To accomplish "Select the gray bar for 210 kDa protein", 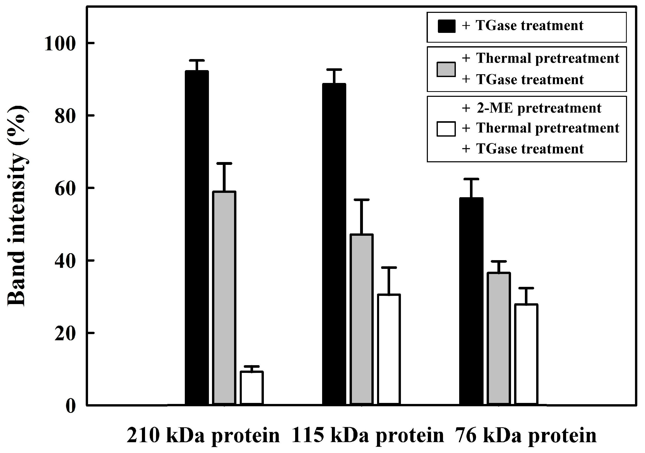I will pyautogui.click(x=224, y=298).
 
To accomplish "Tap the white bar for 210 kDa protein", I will pyautogui.click(x=252, y=388).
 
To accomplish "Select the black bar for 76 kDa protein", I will pyautogui.click(x=471, y=301).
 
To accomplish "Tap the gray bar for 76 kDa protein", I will pyautogui.click(x=499, y=338).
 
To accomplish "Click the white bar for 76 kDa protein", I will pyautogui.click(x=526, y=354).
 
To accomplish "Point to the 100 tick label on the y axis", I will pyautogui.click(x=60, y=44).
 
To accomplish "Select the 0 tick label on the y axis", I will pyautogui.click(x=71, y=406).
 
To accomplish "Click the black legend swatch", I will pyautogui.click(x=446, y=26).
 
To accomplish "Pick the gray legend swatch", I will pyautogui.click(x=446, y=69).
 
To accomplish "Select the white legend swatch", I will pyautogui.click(x=446, y=129).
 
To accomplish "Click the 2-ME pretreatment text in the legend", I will pyautogui.click(x=538, y=108).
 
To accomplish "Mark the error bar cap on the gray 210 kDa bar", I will pyautogui.click(x=224, y=163).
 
